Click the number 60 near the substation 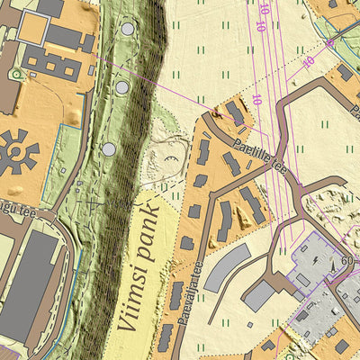347,262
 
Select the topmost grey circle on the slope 128,30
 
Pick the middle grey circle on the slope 121,87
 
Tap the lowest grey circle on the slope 109,148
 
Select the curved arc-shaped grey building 225,267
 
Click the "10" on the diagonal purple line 309,62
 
